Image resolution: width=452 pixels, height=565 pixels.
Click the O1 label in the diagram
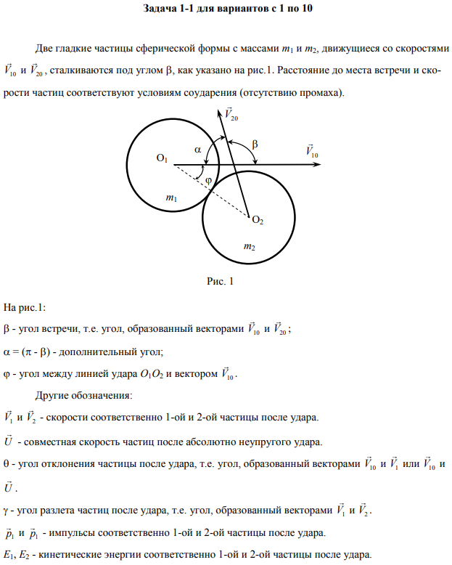coord(162,159)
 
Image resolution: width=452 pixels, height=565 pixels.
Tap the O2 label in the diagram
coord(257,220)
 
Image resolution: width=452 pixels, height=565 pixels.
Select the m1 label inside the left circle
coord(170,198)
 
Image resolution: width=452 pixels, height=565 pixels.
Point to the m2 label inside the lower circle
coord(249,248)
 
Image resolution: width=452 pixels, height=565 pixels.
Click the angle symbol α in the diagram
coord(198,150)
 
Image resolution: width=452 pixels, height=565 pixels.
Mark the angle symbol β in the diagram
coord(254,145)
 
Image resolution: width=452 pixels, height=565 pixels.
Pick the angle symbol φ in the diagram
coord(208,179)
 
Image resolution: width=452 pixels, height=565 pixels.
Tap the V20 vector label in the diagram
coord(231,114)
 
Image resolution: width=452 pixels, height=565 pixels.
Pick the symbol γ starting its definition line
coord(7,509)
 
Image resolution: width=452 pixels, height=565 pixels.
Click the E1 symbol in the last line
coord(8,555)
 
